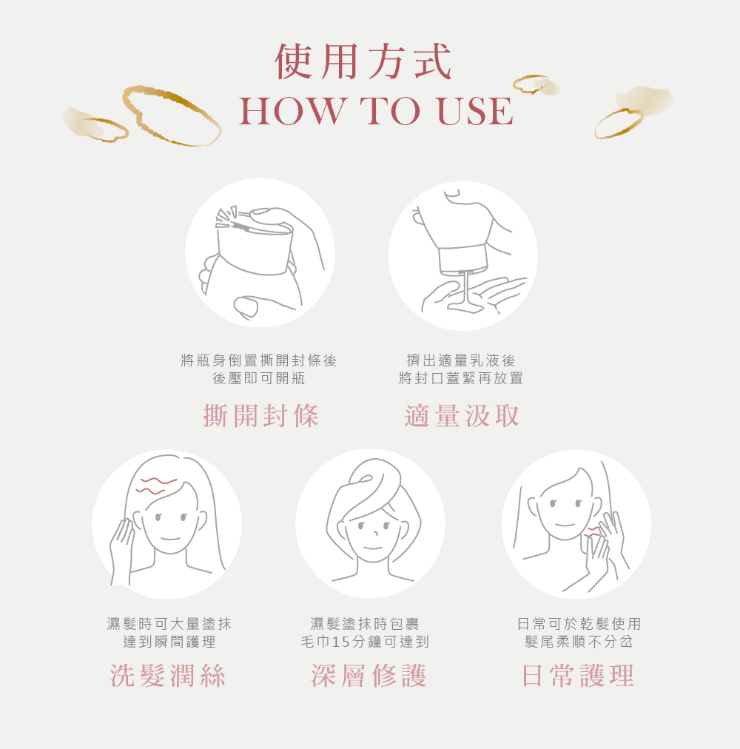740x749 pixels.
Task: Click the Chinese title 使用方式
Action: coord(363,61)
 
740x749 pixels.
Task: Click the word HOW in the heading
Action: coord(292,111)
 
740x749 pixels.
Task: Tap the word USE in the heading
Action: coord(474,111)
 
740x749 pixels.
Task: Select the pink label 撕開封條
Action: coord(260,416)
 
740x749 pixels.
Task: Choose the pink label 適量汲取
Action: coord(462,416)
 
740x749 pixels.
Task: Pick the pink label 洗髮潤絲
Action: coord(168,676)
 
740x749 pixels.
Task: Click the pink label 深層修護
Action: coord(369,676)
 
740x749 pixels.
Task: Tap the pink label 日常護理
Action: coord(578,676)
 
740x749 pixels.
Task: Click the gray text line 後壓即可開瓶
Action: coord(259,378)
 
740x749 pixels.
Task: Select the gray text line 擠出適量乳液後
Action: coord(461,360)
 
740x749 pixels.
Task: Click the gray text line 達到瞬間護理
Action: coord(169,642)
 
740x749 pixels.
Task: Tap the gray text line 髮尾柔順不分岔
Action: coord(579,642)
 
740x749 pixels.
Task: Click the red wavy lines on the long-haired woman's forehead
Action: coord(156,486)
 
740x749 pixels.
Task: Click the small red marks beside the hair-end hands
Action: coord(592,533)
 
